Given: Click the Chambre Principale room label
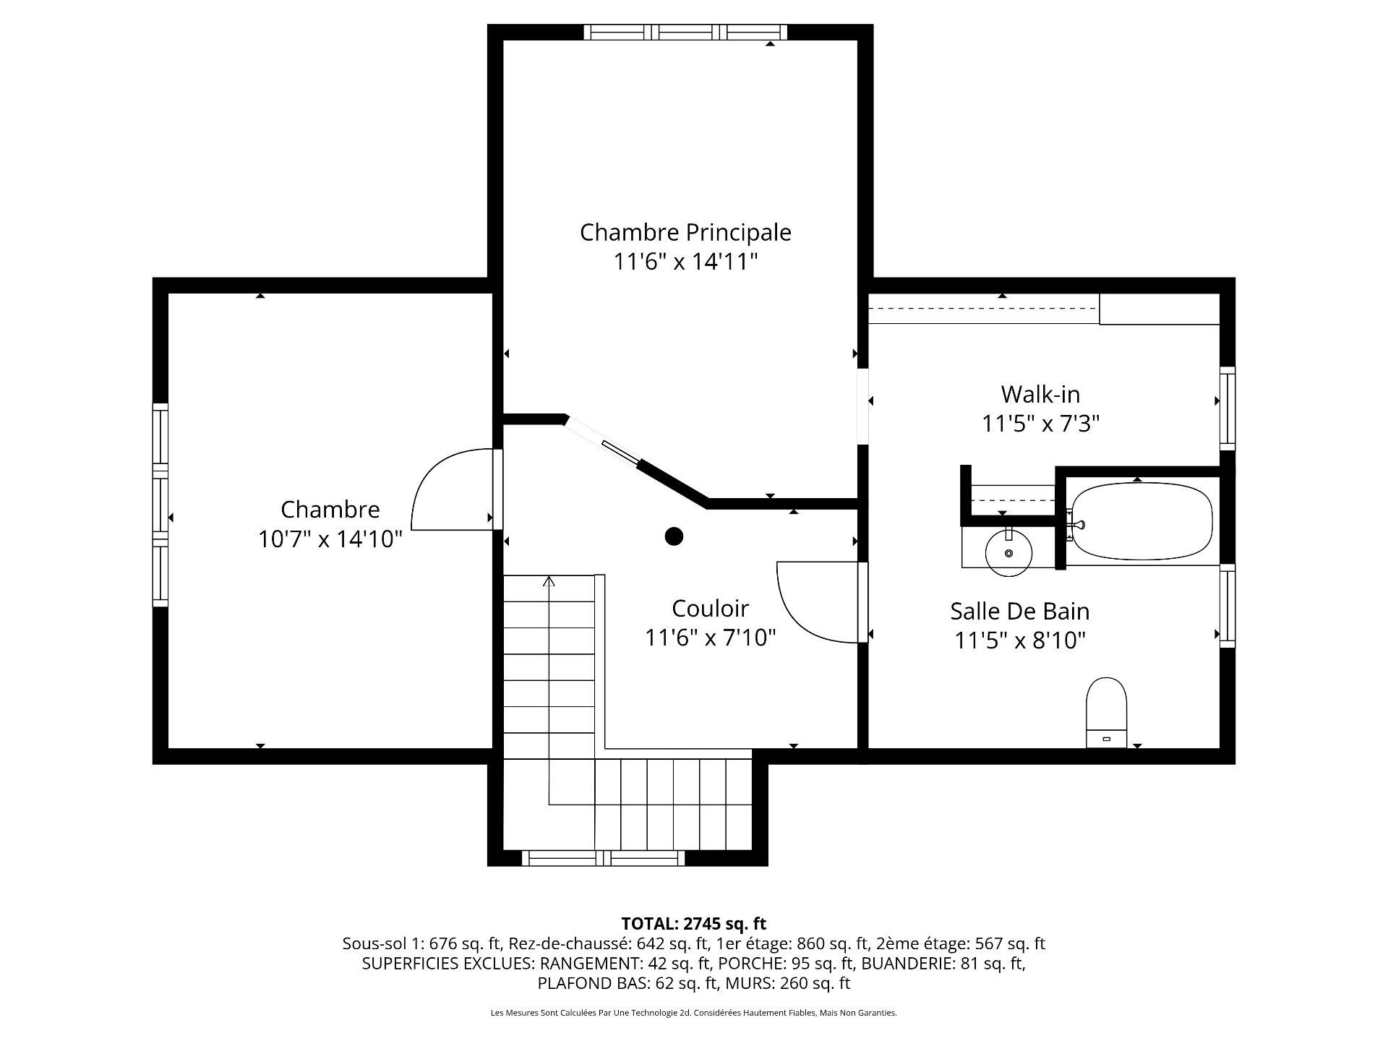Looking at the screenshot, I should pos(685,232).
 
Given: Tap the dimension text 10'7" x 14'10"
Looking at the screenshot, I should pos(330,539).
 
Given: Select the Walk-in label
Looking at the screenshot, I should pos(1040,394).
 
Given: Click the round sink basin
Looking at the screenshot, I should pos(1009,552).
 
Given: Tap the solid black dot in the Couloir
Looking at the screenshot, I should pos(674,536).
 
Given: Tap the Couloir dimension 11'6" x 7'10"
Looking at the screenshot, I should pos(710,638).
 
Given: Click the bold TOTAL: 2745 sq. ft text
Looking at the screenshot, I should pos(693,923).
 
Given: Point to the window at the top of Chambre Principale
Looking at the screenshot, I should pos(685,32).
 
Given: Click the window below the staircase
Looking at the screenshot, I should pos(603,858).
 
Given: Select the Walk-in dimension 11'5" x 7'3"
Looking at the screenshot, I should pos(1040,424).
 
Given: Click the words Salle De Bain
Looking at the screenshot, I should pos(1019,611).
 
